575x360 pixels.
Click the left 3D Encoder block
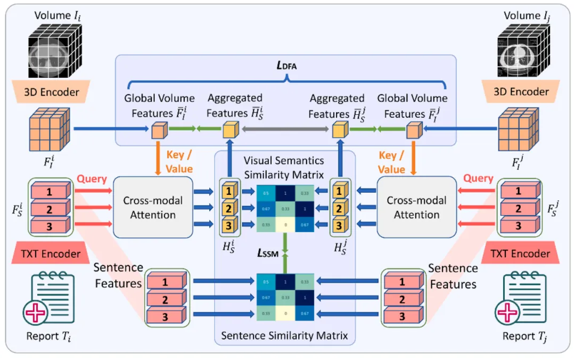tap(52, 92)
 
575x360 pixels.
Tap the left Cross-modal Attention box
tap(153, 208)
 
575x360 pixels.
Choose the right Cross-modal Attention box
tap(416, 208)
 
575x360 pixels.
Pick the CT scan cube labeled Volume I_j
tap(522, 51)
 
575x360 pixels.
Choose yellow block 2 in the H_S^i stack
tap(228, 208)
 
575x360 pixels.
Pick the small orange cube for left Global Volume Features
tap(158, 130)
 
